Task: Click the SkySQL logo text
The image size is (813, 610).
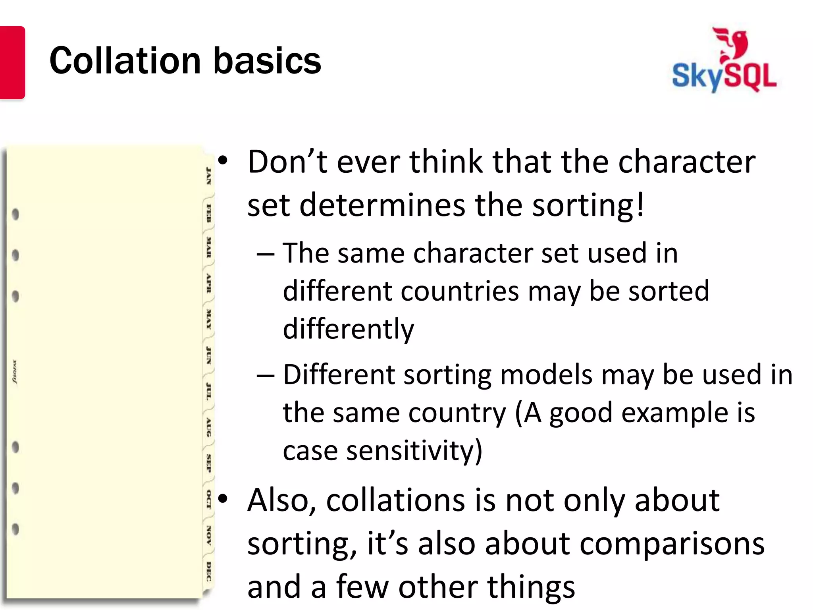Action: coord(724,76)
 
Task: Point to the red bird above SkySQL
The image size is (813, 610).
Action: coord(732,44)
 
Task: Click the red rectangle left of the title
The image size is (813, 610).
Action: coord(12,62)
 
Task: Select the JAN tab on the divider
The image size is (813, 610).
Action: coord(208,176)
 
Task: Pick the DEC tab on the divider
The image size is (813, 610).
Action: coord(209,571)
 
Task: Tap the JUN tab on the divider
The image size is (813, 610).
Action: coord(208,355)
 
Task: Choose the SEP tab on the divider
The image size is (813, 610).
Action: coord(208,463)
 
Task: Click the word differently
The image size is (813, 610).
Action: coord(348,329)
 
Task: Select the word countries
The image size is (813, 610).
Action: coord(460,291)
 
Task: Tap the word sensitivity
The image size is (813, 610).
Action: coord(414,451)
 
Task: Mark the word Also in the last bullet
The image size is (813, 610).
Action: coord(281,500)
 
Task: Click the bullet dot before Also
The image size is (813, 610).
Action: coord(223,498)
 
